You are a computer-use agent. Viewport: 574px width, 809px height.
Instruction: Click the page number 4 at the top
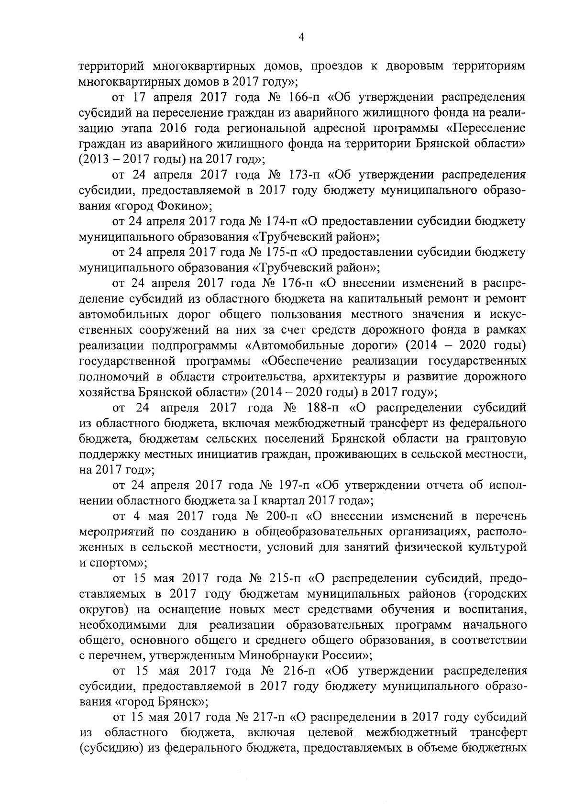click(x=301, y=37)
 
